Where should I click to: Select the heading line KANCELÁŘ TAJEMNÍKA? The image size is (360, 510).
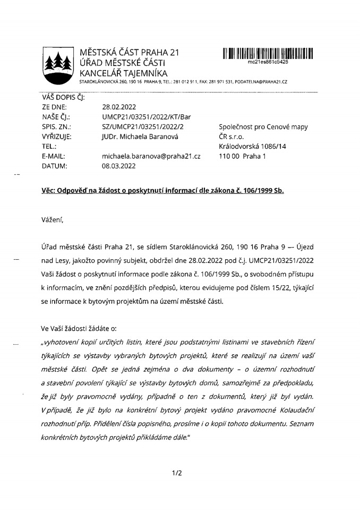(x=123, y=73)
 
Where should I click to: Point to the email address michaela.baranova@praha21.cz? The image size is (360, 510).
(x=151, y=156)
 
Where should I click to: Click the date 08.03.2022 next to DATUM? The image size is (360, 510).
(x=119, y=166)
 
